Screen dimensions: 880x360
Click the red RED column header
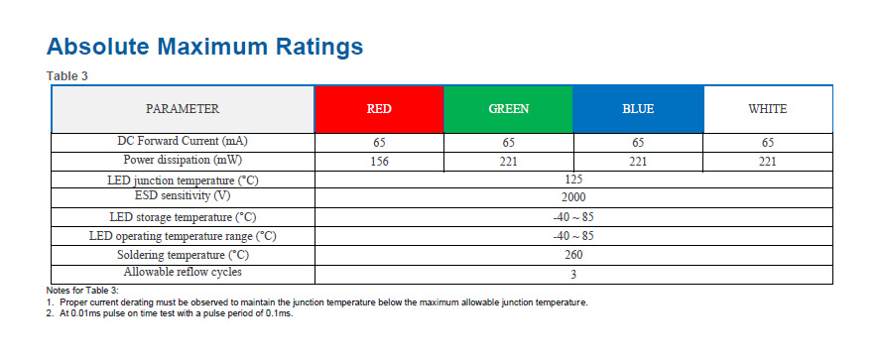pyautogui.click(x=379, y=109)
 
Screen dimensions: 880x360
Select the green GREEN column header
pyautogui.click(x=509, y=109)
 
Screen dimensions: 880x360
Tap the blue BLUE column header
pyautogui.click(x=638, y=109)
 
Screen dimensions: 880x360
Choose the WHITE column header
pyautogui.click(x=768, y=109)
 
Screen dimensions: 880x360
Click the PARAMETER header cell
pyautogui.click(x=183, y=109)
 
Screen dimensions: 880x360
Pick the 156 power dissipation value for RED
pyautogui.click(x=379, y=162)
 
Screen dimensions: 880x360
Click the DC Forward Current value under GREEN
pyautogui.click(x=509, y=143)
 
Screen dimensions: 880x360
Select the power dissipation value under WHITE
pyautogui.click(x=768, y=162)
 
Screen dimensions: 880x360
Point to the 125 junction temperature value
pyautogui.click(x=573, y=180)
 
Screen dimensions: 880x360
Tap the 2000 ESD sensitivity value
pyautogui.click(x=573, y=197)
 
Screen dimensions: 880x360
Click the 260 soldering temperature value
pyautogui.click(x=573, y=255)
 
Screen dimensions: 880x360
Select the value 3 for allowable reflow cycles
pyautogui.click(x=573, y=275)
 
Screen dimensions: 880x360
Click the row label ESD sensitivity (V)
pyautogui.click(x=183, y=196)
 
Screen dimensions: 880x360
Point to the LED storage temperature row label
pyautogui.click(x=183, y=217)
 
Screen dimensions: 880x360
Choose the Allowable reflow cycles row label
pyautogui.click(x=183, y=272)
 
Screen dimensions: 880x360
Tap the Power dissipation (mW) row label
pyautogui.click(x=183, y=160)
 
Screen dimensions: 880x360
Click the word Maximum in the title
pyautogui.click(x=211, y=47)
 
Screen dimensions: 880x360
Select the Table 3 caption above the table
pyautogui.click(x=67, y=76)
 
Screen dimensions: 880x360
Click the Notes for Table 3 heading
pyautogui.click(x=82, y=291)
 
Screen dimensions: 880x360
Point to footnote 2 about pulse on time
pyautogui.click(x=170, y=313)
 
